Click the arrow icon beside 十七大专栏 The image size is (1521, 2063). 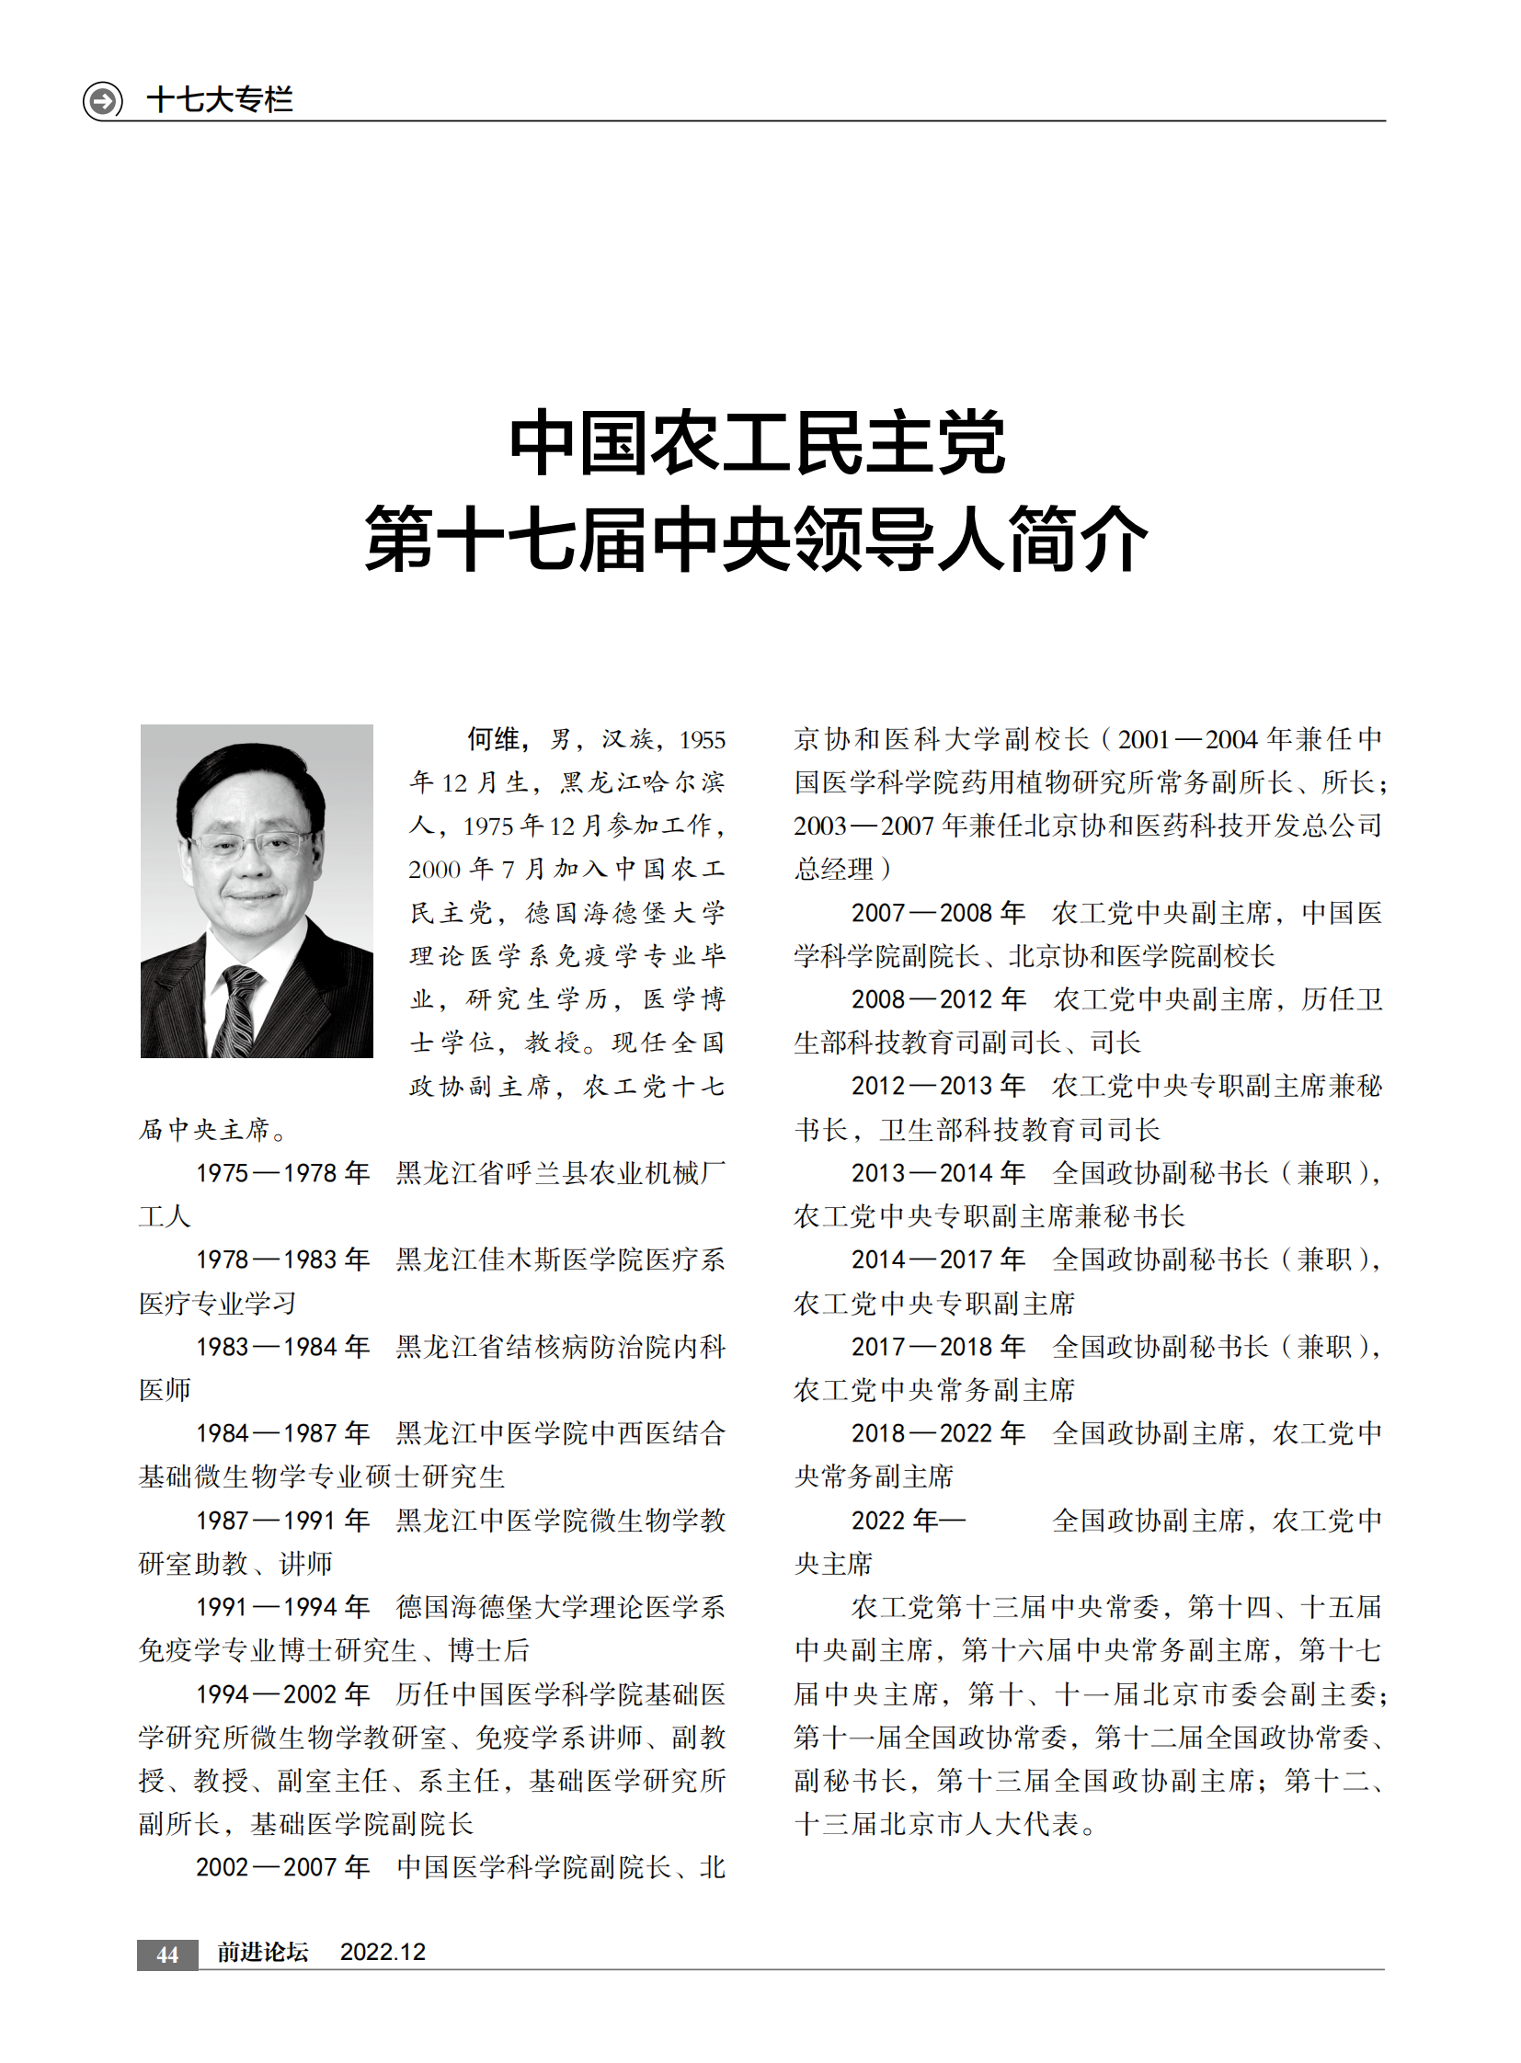pos(103,99)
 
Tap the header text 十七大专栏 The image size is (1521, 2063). pos(220,99)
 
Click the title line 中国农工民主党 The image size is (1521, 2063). pos(757,445)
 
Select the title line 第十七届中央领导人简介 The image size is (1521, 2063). pos(757,540)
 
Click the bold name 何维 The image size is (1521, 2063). pos(496,739)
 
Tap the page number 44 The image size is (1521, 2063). pos(166,1954)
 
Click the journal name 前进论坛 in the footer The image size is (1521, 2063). pos(262,1952)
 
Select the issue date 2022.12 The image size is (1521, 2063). pos(383,1952)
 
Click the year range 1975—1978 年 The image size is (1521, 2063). pos(281,1173)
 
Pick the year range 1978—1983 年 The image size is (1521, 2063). pos(281,1259)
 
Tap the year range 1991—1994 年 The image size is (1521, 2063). pos(281,1607)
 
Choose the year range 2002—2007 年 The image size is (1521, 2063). pos(281,1868)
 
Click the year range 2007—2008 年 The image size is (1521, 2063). pos(937,913)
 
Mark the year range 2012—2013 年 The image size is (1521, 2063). pos(937,1087)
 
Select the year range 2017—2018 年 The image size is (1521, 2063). pos(937,1347)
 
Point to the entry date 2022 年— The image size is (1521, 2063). pos(908,1521)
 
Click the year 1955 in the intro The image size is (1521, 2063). pos(702,740)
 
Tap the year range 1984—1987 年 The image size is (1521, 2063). pos(281,1433)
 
